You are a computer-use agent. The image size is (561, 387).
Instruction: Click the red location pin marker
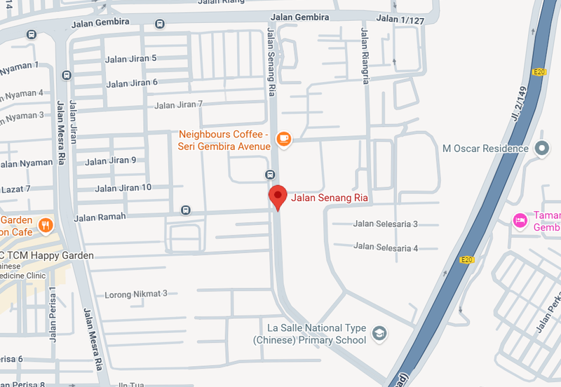click(x=278, y=197)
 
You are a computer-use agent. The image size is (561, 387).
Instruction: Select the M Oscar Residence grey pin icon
click(x=541, y=149)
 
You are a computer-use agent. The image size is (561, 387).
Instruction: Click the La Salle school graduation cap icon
click(x=379, y=333)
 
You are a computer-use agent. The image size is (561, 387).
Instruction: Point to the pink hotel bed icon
click(x=520, y=221)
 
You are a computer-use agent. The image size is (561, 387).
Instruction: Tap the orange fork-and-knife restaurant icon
click(x=46, y=225)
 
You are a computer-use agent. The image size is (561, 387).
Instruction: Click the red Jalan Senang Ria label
click(x=329, y=198)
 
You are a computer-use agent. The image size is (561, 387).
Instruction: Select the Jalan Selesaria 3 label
click(x=386, y=224)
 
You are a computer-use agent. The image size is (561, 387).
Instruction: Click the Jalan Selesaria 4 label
click(x=386, y=247)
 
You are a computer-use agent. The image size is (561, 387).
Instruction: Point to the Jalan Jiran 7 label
click(x=179, y=105)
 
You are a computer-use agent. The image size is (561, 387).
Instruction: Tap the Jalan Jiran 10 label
click(x=123, y=188)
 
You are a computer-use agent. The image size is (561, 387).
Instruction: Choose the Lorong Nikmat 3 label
click(x=136, y=294)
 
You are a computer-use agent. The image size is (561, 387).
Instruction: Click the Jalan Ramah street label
click(x=100, y=217)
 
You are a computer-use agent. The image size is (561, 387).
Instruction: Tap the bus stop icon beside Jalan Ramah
click(x=185, y=210)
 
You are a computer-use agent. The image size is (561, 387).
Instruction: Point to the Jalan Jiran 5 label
click(x=131, y=59)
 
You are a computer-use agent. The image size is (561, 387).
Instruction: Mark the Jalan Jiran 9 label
click(x=111, y=161)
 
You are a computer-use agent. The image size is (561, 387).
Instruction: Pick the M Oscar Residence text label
click(x=485, y=149)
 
